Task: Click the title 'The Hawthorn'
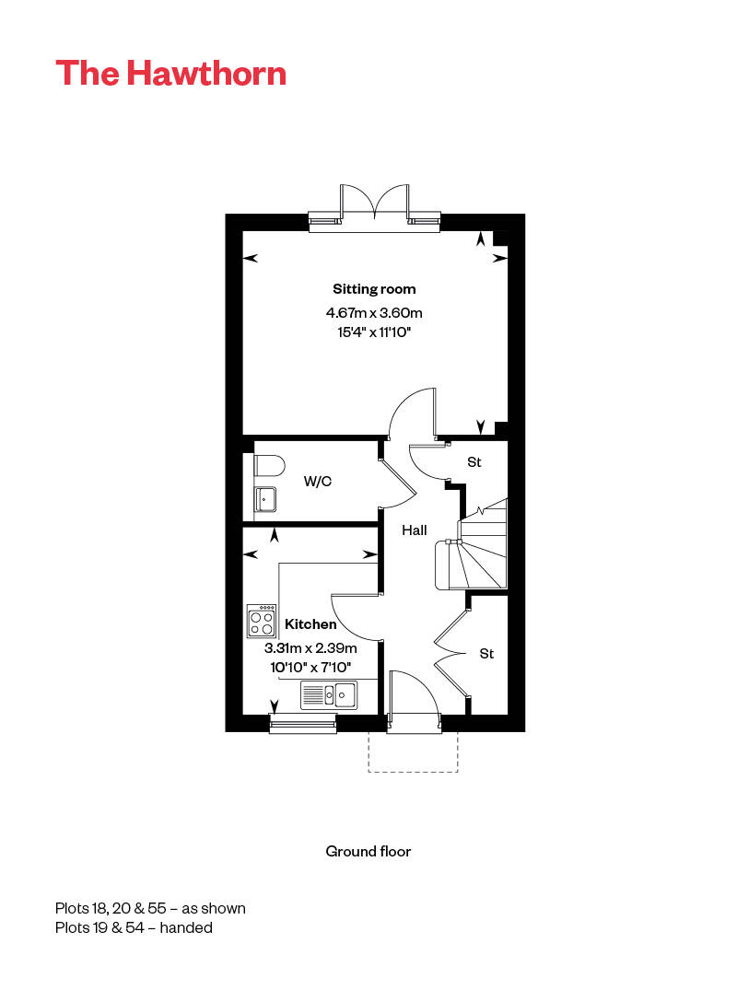(x=170, y=73)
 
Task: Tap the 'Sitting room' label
(x=374, y=289)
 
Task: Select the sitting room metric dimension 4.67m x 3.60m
(x=374, y=313)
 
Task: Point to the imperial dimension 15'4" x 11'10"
(x=374, y=332)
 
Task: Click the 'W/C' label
(x=318, y=481)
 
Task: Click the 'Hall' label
(x=414, y=530)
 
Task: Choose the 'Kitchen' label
(x=310, y=624)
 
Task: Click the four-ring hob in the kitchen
(x=263, y=621)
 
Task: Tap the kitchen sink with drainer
(x=329, y=694)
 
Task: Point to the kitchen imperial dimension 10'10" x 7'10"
(x=310, y=667)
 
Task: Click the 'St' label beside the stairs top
(x=474, y=462)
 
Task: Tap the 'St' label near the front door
(x=486, y=654)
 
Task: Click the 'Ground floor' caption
(x=368, y=851)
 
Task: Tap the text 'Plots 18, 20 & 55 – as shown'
(x=150, y=908)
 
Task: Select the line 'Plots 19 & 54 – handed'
(x=134, y=927)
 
